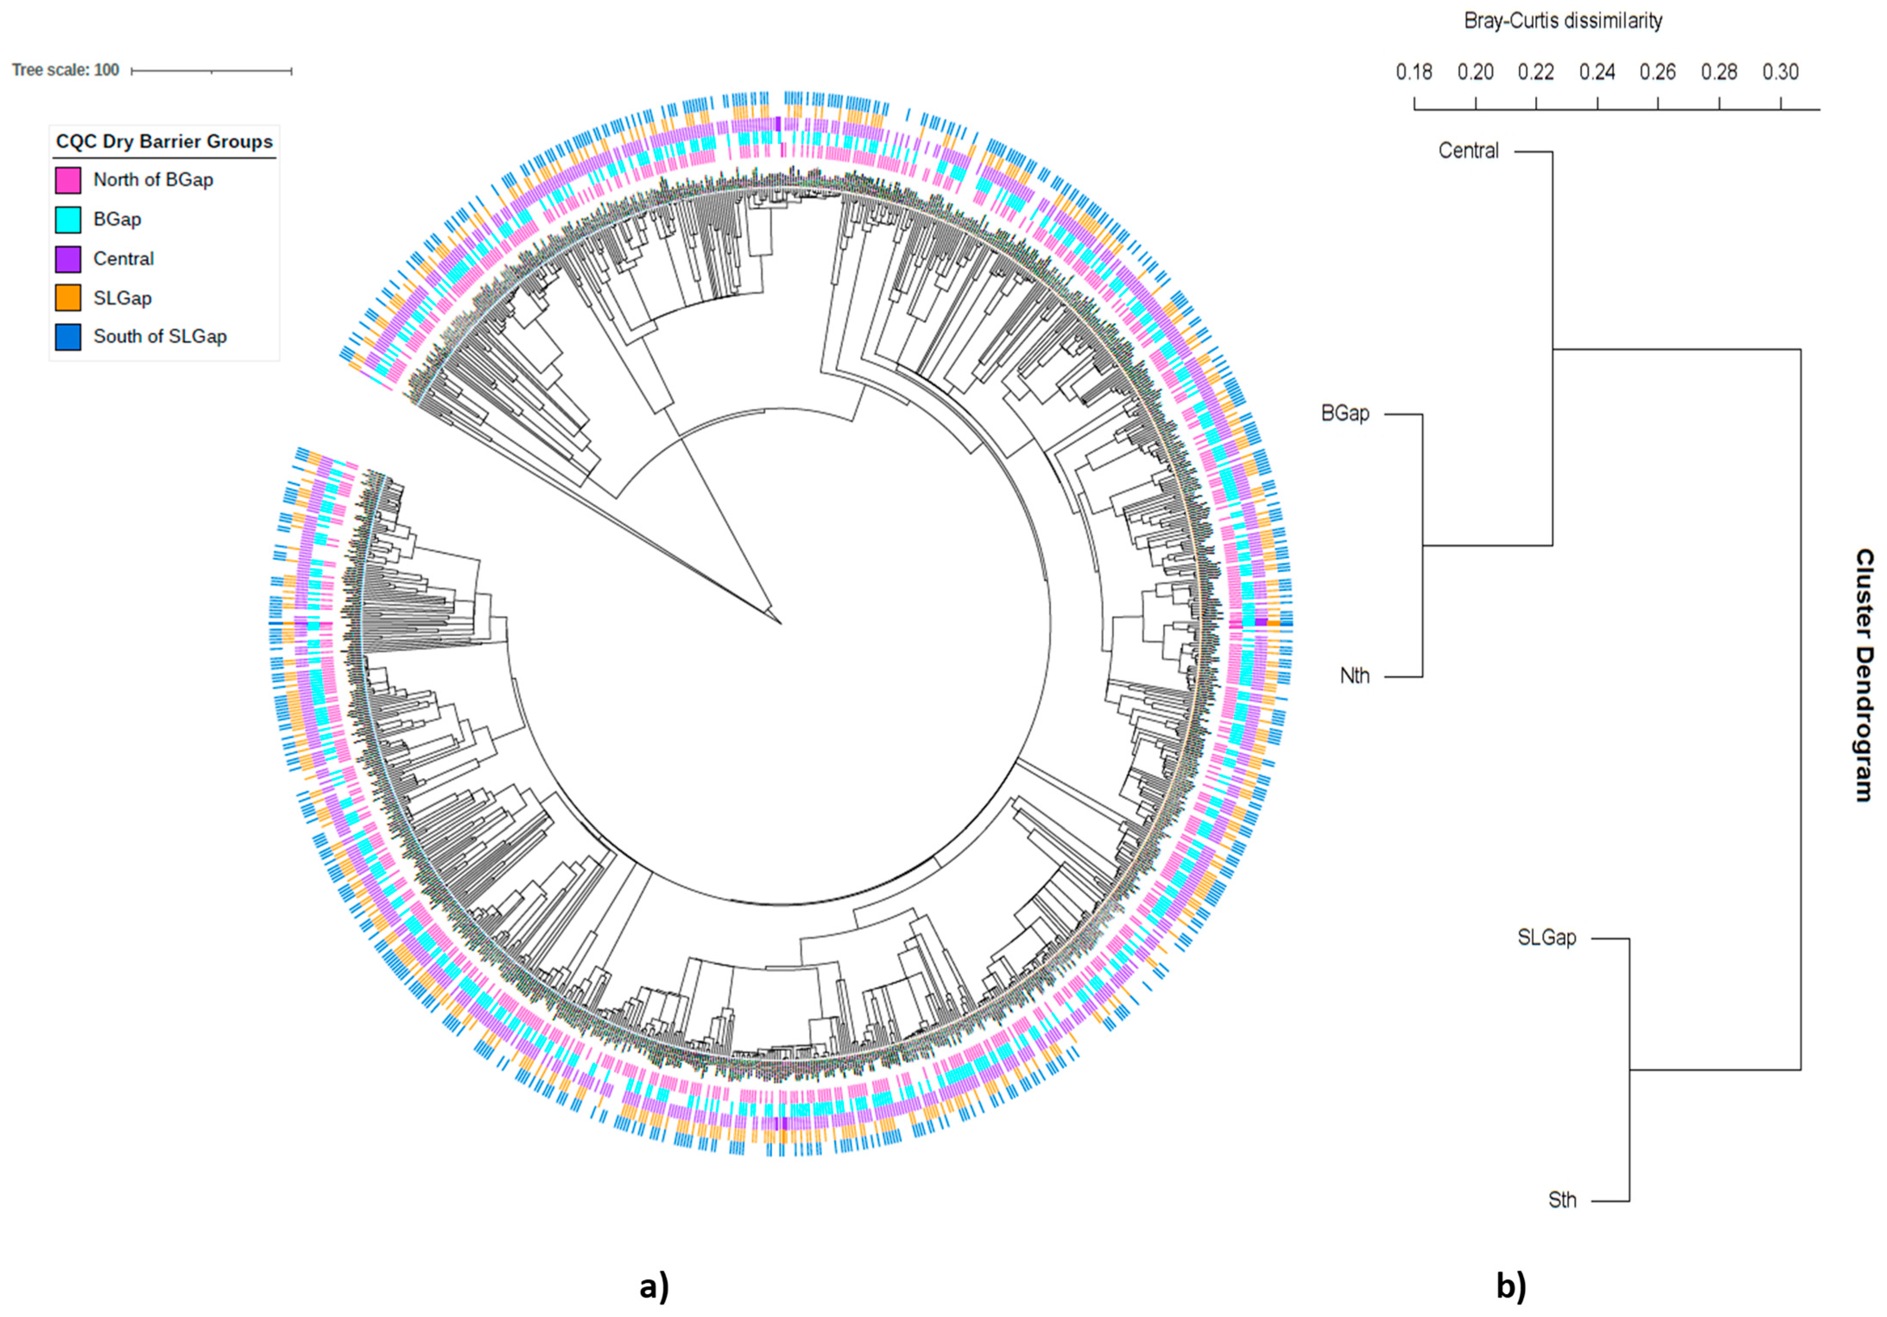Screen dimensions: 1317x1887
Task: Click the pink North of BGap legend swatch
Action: (x=68, y=180)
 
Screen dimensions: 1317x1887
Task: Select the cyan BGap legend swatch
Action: (x=68, y=219)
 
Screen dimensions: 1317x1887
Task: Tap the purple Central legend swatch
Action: (x=68, y=259)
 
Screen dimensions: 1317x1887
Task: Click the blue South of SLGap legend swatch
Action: (x=68, y=337)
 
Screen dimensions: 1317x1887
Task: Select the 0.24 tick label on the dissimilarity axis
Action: (x=1597, y=72)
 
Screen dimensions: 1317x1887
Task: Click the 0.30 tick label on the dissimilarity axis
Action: (x=1780, y=72)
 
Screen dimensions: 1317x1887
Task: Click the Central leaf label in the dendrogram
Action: (x=1469, y=151)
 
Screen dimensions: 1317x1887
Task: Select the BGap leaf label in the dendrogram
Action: (x=1345, y=413)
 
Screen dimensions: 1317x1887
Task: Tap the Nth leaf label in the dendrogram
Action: (x=1355, y=676)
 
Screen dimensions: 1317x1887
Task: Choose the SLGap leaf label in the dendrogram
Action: (x=1547, y=937)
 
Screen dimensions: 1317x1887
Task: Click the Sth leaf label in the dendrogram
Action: (x=1562, y=1200)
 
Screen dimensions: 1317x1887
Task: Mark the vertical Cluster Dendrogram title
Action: (x=1864, y=675)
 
